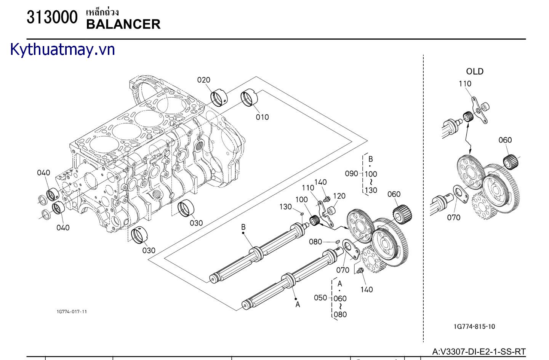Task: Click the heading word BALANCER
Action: (x=123, y=24)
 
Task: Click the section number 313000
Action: (x=52, y=18)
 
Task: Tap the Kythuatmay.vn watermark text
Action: (x=62, y=50)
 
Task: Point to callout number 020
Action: (x=203, y=80)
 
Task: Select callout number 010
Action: (x=262, y=117)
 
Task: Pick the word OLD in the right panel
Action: (x=475, y=71)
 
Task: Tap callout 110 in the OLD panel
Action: (x=465, y=83)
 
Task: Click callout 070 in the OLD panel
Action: (x=453, y=218)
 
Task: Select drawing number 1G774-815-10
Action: (x=474, y=326)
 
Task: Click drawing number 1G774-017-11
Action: (x=72, y=312)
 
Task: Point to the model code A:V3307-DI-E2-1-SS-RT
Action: (x=479, y=352)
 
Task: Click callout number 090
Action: (x=351, y=173)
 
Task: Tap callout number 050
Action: (x=320, y=298)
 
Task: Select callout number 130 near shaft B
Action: (x=285, y=206)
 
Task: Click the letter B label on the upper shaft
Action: (x=243, y=227)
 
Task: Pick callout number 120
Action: (x=339, y=196)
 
